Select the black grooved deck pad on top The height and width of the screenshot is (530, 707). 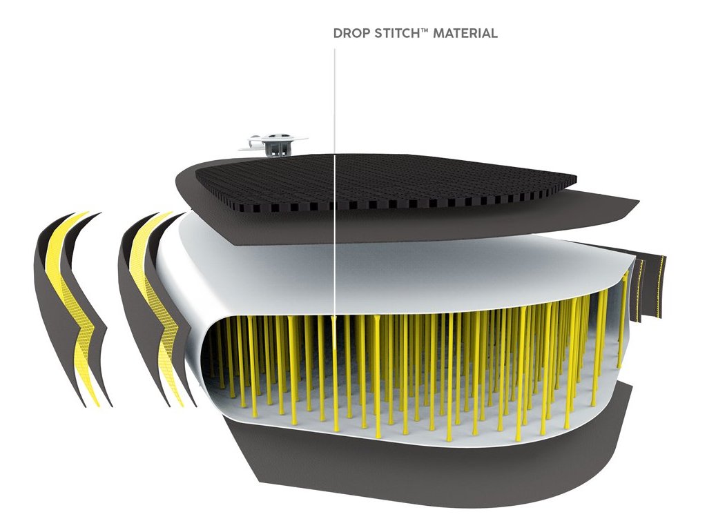pyautogui.click(x=387, y=179)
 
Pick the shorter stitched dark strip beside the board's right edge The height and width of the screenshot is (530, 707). pyautogui.click(x=639, y=290)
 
